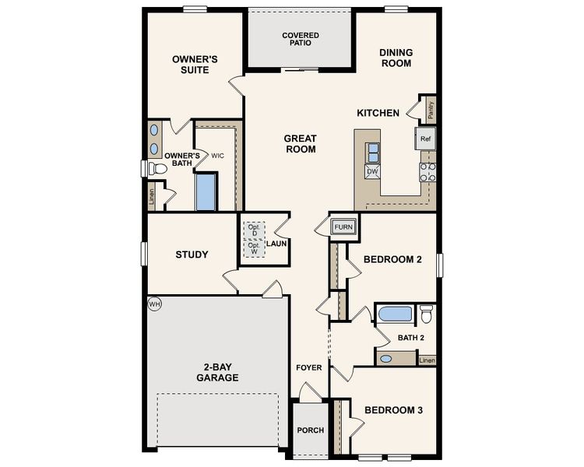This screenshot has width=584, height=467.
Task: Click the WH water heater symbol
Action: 153,303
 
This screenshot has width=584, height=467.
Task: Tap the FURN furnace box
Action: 343,227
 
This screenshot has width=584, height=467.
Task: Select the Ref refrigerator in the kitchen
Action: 425,139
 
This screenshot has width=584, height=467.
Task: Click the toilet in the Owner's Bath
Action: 156,168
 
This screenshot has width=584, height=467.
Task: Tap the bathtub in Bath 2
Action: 395,314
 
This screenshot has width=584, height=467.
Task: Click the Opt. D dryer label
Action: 253,231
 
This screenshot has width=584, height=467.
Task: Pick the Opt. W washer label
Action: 253,248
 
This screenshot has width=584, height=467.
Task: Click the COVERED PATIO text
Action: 301,39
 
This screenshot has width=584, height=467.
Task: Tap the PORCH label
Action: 310,430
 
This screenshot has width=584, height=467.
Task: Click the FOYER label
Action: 308,367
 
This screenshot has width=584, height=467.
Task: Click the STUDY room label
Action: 192,255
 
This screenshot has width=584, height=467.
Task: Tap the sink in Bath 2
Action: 386,360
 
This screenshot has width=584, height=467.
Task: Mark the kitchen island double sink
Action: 373,151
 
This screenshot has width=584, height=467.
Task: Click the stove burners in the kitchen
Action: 427,172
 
